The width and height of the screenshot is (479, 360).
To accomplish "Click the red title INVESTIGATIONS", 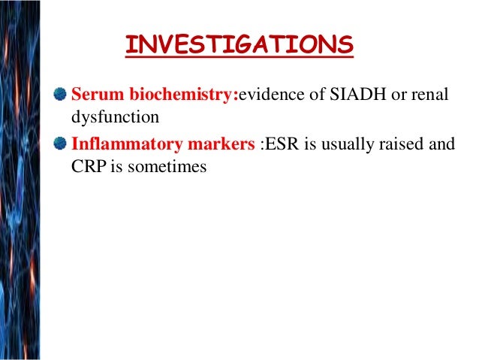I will coord(239,44).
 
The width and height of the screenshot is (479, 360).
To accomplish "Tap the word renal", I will coord(433,95).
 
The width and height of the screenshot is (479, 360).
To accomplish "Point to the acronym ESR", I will coord(283,144).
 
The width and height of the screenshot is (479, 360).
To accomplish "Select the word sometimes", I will coord(166,167).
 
